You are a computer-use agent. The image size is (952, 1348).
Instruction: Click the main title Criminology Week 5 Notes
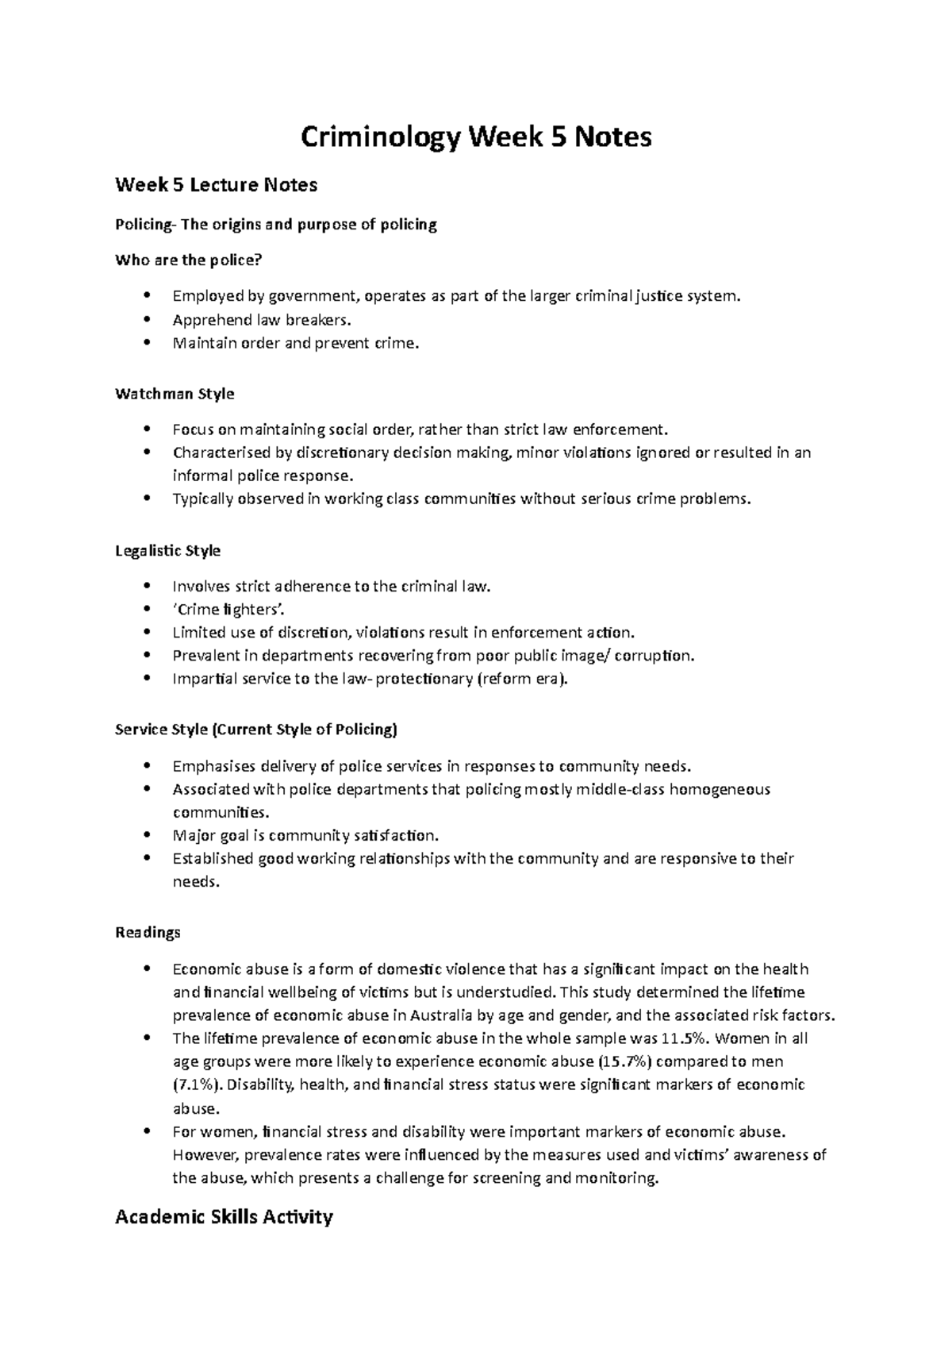tap(476, 137)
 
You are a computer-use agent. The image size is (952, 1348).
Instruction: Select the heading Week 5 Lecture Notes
tap(216, 185)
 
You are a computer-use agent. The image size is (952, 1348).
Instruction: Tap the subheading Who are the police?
tap(188, 260)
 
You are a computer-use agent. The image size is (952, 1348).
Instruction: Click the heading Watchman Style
tap(175, 394)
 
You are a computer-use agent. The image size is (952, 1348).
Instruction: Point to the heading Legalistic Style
tap(167, 550)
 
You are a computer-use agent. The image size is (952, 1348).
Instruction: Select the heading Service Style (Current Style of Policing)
tap(256, 730)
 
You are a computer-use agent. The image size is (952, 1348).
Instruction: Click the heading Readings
tap(148, 932)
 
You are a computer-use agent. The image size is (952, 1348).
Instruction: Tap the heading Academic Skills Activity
tap(224, 1216)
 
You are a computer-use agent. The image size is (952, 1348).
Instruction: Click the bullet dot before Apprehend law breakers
tap(148, 320)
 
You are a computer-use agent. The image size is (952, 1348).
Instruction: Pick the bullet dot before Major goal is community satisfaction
tap(148, 835)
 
